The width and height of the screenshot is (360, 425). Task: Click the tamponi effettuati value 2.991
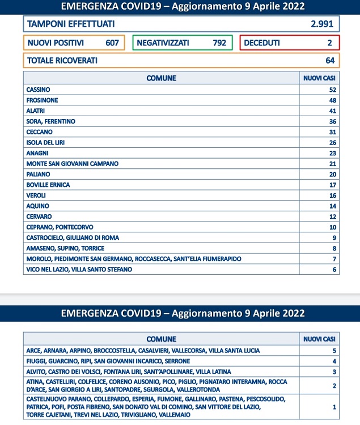pos(322,24)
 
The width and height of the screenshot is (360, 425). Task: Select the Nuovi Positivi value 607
pos(111,43)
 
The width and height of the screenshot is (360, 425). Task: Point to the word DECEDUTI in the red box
pos(262,43)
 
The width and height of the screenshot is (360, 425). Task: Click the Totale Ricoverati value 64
pos(329,61)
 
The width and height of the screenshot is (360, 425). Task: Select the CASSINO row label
pos(38,90)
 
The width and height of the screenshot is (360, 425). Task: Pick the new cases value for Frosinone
pos(333,100)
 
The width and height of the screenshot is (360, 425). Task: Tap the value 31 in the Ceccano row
pos(333,131)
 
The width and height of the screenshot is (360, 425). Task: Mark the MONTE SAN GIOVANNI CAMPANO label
pos(72,163)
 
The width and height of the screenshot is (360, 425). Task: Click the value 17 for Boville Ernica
pos(333,185)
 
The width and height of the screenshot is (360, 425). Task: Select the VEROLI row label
pos(36,195)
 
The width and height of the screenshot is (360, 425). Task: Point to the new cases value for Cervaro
pos(333,216)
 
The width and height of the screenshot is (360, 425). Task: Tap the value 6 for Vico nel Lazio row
pos(334,270)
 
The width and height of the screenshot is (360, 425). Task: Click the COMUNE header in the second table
pos(161,339)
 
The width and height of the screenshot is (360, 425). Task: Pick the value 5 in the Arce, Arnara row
pos(334,351)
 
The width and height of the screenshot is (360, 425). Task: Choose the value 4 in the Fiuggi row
pos(334,361)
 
